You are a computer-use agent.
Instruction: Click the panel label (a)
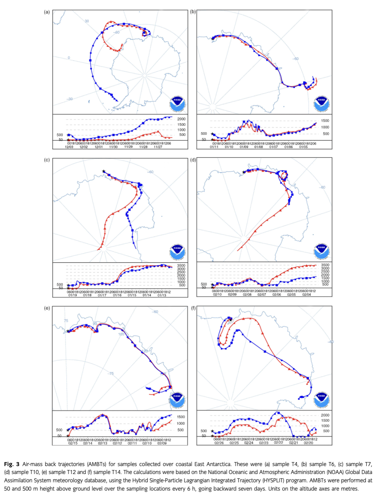click(47, 12)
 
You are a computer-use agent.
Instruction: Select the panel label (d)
click(193, 160)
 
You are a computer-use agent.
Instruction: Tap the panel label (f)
click(193, 308)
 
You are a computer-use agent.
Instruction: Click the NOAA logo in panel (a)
click(177, 104)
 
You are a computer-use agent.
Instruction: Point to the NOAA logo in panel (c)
click(177, 252)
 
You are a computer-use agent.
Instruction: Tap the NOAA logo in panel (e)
click(177, 400)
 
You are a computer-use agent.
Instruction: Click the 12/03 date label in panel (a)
click(69, 147)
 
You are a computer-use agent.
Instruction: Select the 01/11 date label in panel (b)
click(214, 147)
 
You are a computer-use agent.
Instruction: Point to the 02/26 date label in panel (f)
click(219, 443)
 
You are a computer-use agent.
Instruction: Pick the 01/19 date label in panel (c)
click(72, 295)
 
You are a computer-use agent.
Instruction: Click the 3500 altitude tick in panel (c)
click(181, 265)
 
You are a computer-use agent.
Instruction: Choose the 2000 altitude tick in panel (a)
click(181, 119)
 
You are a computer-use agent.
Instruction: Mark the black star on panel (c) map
click(104, 172)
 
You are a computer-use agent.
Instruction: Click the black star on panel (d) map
click(244, 172)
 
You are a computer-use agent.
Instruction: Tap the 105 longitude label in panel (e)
click(121, 334)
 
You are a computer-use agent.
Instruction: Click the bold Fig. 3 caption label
click(12, 464)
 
